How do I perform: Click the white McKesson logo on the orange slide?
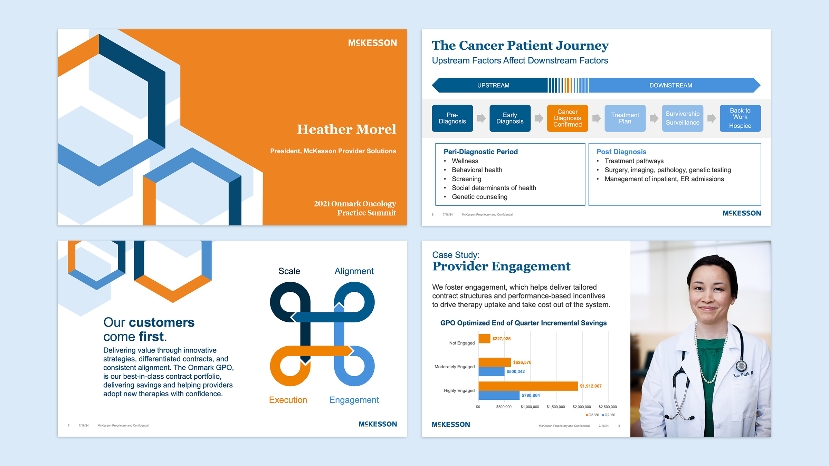click(x=372, y=43)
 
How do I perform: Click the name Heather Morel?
click(x=346, y=129)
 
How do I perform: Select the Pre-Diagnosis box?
click(x=452, y=118)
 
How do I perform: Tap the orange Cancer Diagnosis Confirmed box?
click(x=567, y=118)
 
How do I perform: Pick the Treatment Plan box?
click(x=625, y=118)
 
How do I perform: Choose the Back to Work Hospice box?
click(x=740, y=118)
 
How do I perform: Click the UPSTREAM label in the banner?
click(x=493, y=85)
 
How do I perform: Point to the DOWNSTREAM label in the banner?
click(x=670, y=85)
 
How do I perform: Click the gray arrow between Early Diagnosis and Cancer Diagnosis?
click(x=539, y=118)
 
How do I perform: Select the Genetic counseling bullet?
click(x=479, y=197)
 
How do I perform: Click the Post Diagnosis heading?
click(x=621, y=152)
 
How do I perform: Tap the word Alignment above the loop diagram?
click(x=354, y=271)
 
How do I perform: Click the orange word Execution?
click(x=288, y=400)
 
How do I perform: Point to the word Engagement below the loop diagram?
click(x=354, y=400)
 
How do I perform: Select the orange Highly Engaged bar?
click(x=528, y=386)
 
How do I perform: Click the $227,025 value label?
click(x=501, y=339)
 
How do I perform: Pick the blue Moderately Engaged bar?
click(x=491, y=371)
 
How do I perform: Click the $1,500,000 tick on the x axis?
click(x=555, y=407)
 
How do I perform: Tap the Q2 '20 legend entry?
click(x=609, y=415)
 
